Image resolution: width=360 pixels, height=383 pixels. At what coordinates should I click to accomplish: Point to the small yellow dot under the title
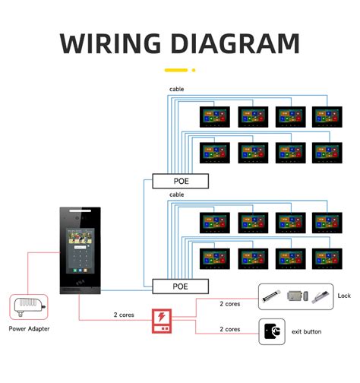(x=193, y=70)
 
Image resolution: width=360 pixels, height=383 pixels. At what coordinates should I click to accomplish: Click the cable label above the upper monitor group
(x=176, y=89)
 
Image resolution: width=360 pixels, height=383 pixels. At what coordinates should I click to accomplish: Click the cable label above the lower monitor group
(x=176, y=195)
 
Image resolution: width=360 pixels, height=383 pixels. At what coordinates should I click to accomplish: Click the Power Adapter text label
(x=29, y=331)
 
